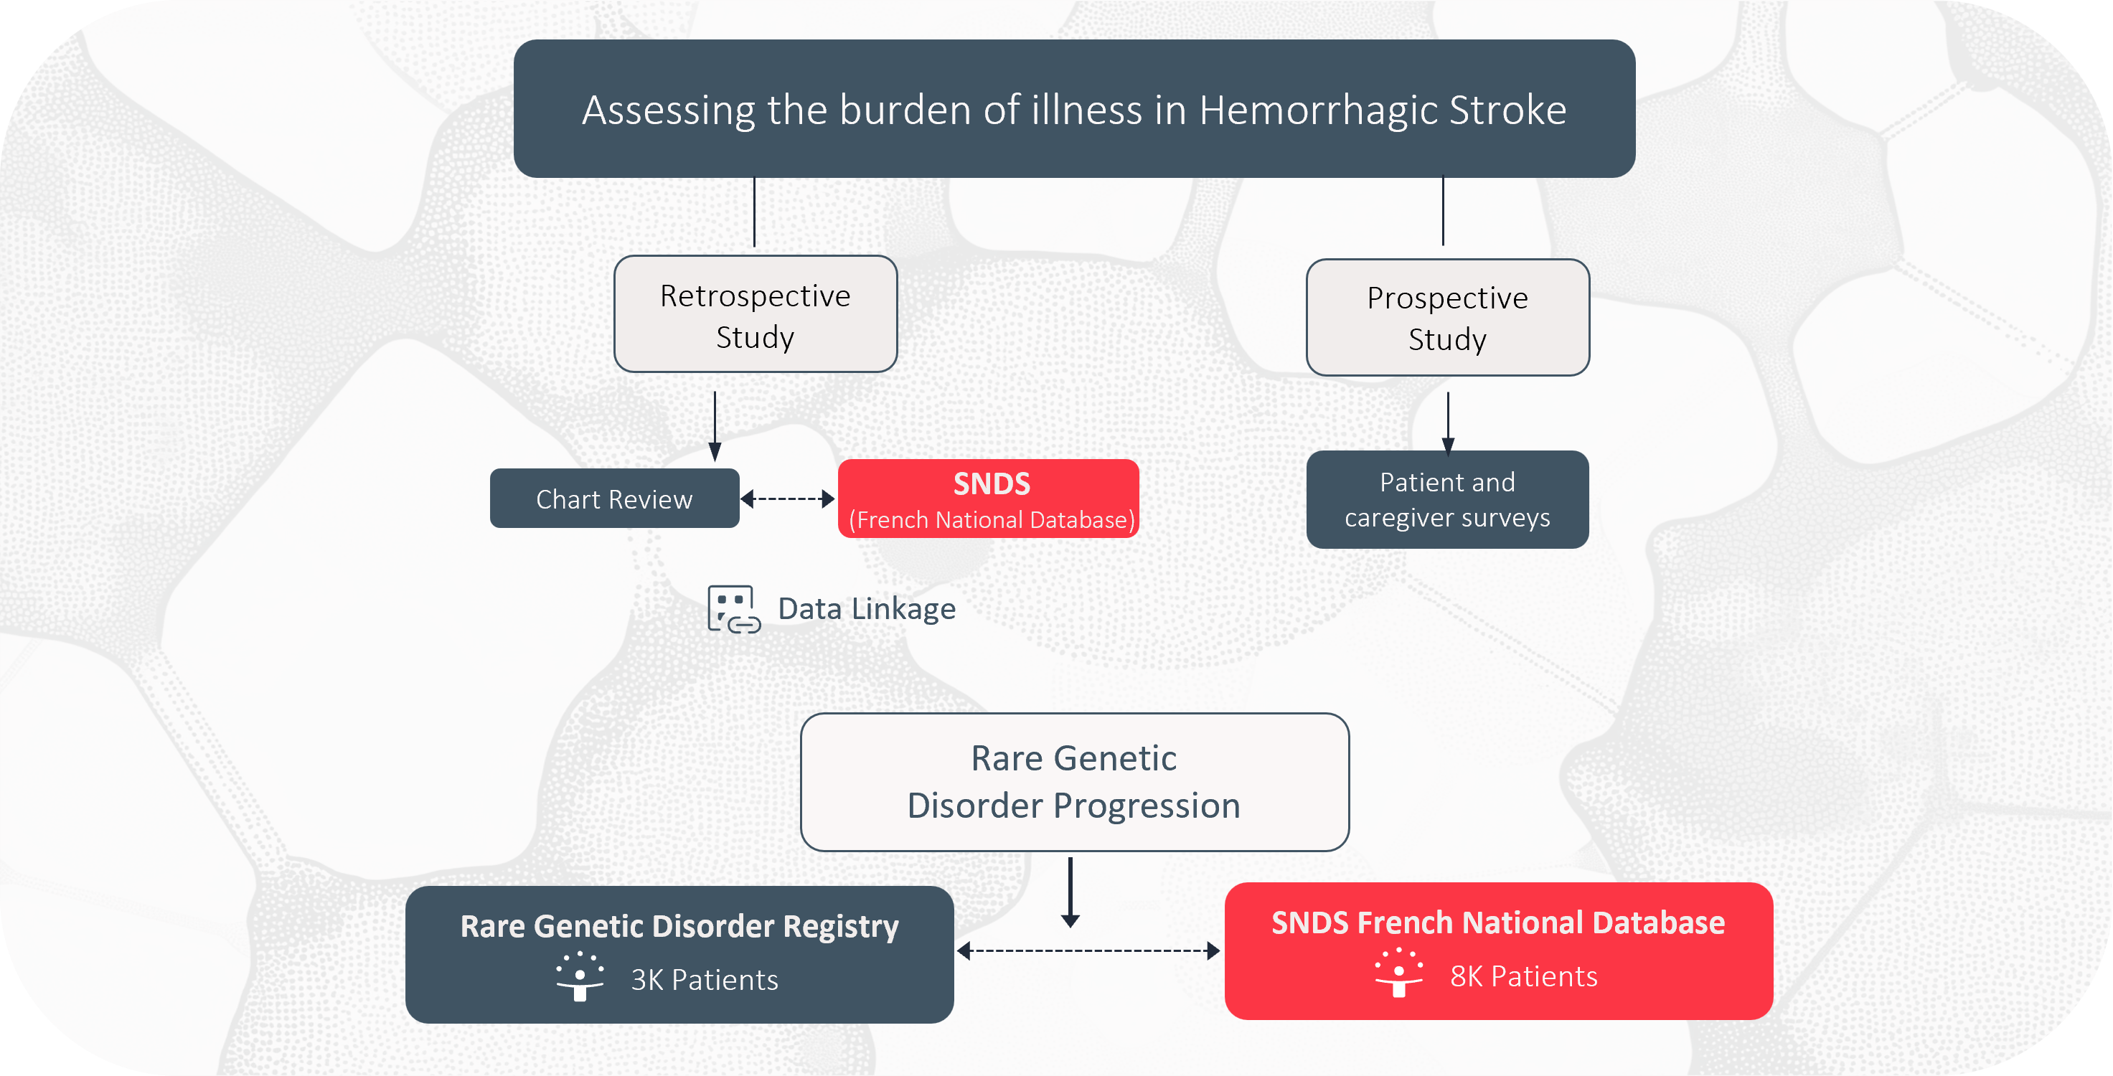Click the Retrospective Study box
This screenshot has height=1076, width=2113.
click(756, 314)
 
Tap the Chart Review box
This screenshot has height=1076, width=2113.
click(614, 499)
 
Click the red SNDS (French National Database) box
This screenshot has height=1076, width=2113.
click(989, 499)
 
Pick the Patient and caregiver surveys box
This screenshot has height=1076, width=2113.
click(1448, 499)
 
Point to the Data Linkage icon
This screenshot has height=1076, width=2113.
click(734, 609)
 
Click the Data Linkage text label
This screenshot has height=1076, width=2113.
click(867, 608)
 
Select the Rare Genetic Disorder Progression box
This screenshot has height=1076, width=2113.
click(1075, 783)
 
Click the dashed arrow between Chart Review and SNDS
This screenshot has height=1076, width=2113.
click(788, 499)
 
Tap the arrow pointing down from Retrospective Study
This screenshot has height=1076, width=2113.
click(715, 427)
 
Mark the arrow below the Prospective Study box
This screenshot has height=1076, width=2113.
click(1448, 423)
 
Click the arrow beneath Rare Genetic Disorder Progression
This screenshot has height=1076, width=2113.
click(1070, 893)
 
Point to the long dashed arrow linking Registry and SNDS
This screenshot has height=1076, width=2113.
click(1088, 950)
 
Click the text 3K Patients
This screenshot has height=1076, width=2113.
click(705, 980)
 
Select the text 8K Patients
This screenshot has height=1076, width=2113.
click(1524, 977)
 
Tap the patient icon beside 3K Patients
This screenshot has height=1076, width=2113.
click(580, 977)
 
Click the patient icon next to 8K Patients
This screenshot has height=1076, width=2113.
click(1399, 973)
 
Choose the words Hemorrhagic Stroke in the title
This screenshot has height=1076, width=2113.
click(1383, 110)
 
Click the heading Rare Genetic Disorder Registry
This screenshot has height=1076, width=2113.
click(679, 927)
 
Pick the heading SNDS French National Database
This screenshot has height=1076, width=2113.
click(1499, 922)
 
